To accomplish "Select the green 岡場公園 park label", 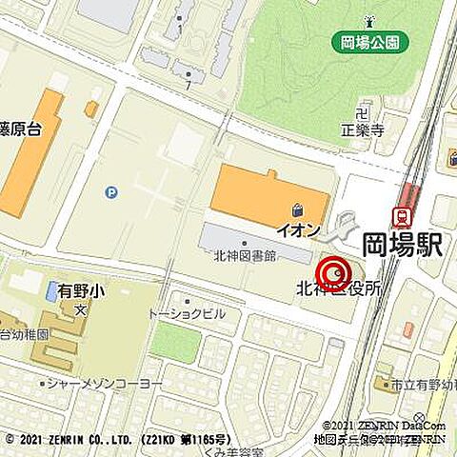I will tap(370, 42).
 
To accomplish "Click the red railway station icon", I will tap(402, 217).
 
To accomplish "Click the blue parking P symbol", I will tap(111, 192).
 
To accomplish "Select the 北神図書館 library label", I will tap(245, 255).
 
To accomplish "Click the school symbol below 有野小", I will tap(84, 309).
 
